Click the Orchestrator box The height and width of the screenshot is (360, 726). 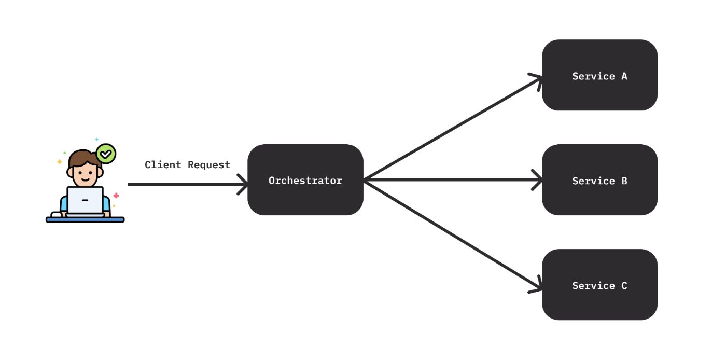pyautogui.click(x=305, y=180)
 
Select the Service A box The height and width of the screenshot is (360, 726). pyautogui.click(x=599, y=75)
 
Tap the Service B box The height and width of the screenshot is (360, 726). pyautogui.click(x=599, y=180)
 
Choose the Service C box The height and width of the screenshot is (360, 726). pyautogui.click(x=599, y=285)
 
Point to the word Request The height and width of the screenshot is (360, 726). pyautogui.click(x=209, y=165)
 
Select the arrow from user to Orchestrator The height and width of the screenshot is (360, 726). pyautogui.click(x=181, y=184)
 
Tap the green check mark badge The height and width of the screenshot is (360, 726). pyautogui.click(x=106, y=154)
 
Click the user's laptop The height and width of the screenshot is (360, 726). pyautogui.click(x=85, y=200)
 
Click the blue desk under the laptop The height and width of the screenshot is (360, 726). pyautogui.click(x=85, y=219)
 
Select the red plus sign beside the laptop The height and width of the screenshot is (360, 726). pyautogui.click(x=116, y=196)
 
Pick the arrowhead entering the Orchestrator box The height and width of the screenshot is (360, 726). pyautogui.click(x=244, y=184)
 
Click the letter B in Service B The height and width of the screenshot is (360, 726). pyautogui.click(x=624, y=181)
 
